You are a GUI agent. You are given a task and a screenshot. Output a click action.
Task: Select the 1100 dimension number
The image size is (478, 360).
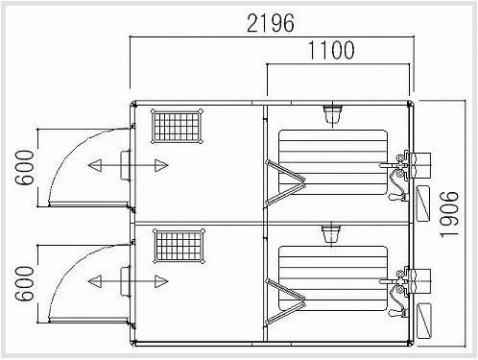(x=331, y=49)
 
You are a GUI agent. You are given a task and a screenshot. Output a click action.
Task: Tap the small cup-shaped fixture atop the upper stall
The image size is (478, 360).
(x=333, y=116)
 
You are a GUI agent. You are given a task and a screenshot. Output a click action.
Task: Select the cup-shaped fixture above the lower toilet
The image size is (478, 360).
(x=333, y=233)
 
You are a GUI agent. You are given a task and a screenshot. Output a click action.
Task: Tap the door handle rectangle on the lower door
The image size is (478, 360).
(x=125, y=281)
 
